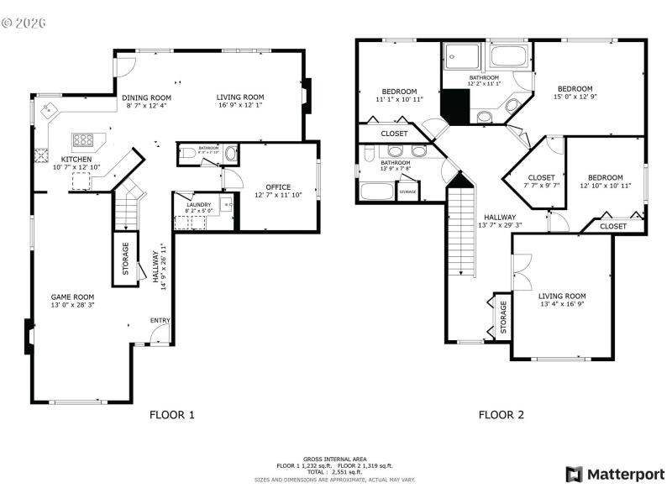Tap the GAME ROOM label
(72, 297)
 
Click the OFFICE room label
(278, 186)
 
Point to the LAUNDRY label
(198, 204)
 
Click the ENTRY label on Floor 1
(160, 320)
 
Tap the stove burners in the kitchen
(84, 139)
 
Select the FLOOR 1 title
(172, 414)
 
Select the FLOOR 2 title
(501, 414)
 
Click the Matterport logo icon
(575, 475)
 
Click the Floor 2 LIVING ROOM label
(562, 296)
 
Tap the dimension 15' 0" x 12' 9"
(575, 97)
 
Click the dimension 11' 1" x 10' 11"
(399, 99)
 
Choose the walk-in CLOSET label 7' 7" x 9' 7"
(541, 185)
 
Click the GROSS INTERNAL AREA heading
(335, 459)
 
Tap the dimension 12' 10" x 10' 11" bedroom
(605, 186)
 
